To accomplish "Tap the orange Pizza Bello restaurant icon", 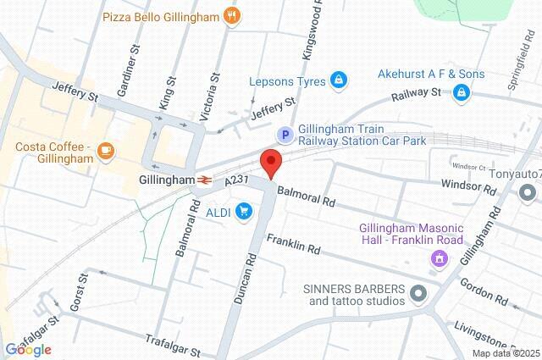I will [x=232, y=15].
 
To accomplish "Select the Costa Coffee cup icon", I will [x=106, y=152].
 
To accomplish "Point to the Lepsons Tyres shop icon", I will [x=339, y=80].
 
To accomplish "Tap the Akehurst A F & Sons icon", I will [x=462, y=91].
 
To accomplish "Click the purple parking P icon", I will [x=287, y=135].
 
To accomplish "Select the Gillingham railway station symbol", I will [x=205, y=180].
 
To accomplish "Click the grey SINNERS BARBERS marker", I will [x=418, y=294].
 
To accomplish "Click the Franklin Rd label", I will [x=293, y=246].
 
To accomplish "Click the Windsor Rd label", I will [x=465, y=183].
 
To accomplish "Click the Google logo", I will [x=28, y=350].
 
